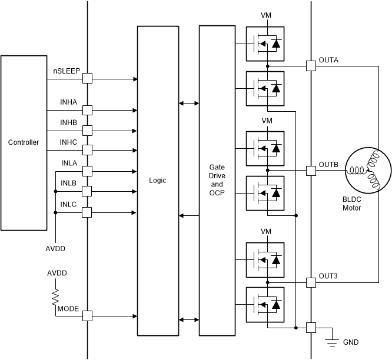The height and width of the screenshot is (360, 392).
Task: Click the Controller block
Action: click(24, 143)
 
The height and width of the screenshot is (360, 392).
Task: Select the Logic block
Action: click(158, 180)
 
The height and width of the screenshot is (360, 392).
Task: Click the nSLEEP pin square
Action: click(87, 78)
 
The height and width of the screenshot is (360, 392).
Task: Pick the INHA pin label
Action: click(69, 102)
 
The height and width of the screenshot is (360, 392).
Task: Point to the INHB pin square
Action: click(87, 130)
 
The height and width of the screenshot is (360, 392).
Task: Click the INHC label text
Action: click(69, 142)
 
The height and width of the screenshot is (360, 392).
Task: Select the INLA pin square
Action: click(87, 171)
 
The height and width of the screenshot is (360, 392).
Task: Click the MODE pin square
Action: click(87, 316)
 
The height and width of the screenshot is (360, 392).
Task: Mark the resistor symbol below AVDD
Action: click(57, 295)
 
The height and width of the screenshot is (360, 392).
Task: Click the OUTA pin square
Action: click(311, 66)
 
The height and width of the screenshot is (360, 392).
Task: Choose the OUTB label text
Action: click(328, 164)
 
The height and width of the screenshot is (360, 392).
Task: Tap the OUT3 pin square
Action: click(311, 282)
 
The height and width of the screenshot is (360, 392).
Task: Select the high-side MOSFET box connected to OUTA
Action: click(265, 43)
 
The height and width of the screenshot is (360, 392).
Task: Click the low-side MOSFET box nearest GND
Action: click(265, 304)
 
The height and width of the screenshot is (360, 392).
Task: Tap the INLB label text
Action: click(69, 183)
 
